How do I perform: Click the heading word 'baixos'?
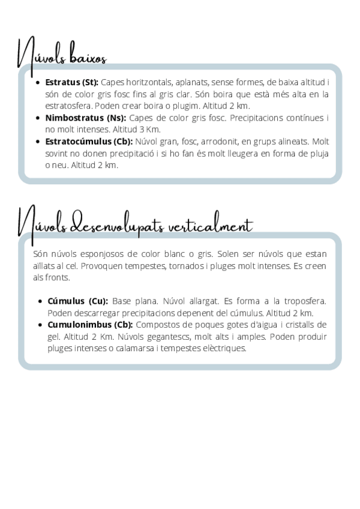88,58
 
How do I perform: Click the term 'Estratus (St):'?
71,82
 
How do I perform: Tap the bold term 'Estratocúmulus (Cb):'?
89,142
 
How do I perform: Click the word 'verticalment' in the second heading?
211,227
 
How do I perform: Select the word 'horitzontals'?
154,82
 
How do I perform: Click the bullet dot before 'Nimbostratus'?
38,118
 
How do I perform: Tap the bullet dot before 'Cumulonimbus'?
41,325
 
